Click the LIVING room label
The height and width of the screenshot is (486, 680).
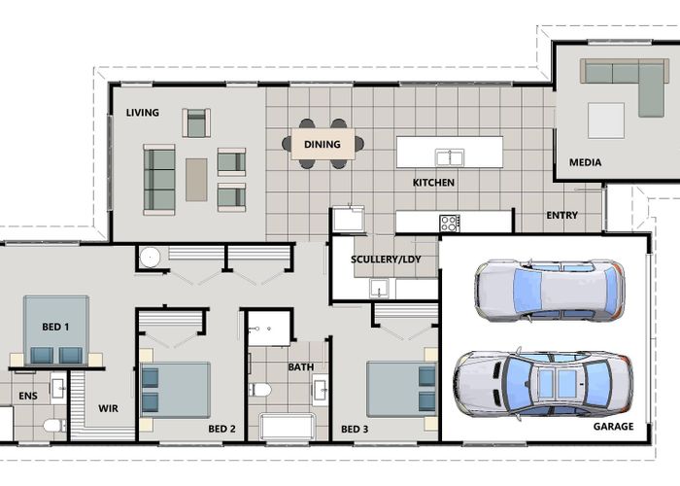click(142, 113)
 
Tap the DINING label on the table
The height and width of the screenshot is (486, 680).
click(323, 145)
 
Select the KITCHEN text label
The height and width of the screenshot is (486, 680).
click(433, 183)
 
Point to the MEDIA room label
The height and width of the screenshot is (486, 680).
click(585, 162)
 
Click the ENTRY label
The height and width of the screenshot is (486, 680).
click(562, 215)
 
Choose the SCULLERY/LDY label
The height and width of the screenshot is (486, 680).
click(386, 260)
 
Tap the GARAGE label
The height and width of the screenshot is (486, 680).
click(613, 427)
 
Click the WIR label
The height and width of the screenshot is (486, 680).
click(108, 408)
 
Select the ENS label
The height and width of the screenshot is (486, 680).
click(28, 396)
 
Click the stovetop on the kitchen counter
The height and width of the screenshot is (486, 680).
click(450, 224)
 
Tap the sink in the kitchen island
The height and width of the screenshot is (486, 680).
click(450, 157)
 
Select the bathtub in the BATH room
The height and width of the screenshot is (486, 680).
click(288, 427)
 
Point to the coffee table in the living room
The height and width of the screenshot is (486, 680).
click(196, 180)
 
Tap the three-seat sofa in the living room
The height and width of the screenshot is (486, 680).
click(159, 180)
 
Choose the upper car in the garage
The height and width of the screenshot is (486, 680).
click(550, 291)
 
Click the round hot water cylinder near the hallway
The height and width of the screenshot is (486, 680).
click(150, 258)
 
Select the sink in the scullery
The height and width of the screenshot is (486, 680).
click(379, 289)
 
